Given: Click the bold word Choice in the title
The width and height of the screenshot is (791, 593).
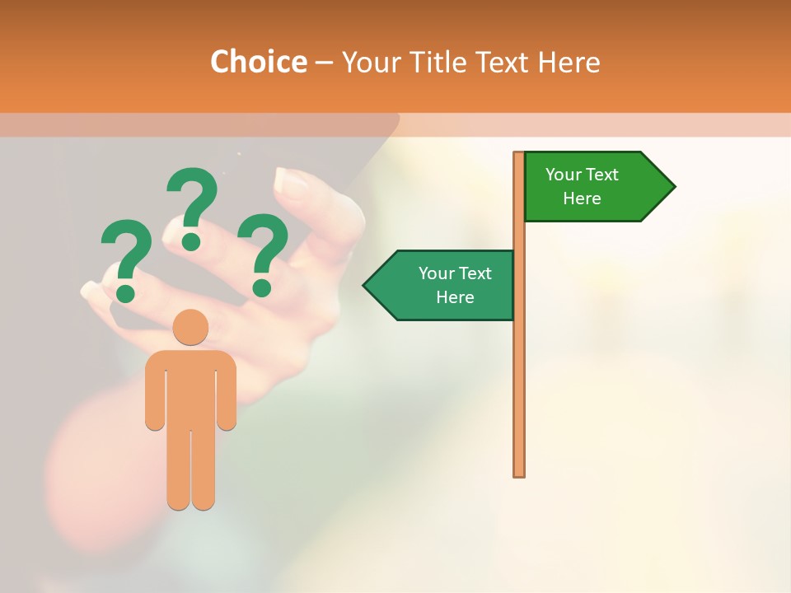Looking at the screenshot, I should [258, 62].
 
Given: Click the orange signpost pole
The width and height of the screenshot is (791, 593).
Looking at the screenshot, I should [519, 371].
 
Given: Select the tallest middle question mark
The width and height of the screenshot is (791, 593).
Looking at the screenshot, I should [192, 202].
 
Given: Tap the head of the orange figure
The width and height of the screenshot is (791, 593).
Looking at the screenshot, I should [190, 327].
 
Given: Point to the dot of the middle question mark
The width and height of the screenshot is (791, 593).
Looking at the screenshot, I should [191, 241].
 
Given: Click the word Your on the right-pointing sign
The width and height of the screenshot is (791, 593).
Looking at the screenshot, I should [564, 175].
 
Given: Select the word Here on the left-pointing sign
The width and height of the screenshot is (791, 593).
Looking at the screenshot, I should [455, 297].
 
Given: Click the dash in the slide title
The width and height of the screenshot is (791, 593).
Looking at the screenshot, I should [324, 63].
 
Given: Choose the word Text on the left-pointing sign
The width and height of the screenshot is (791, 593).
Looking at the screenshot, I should [475, 273].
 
